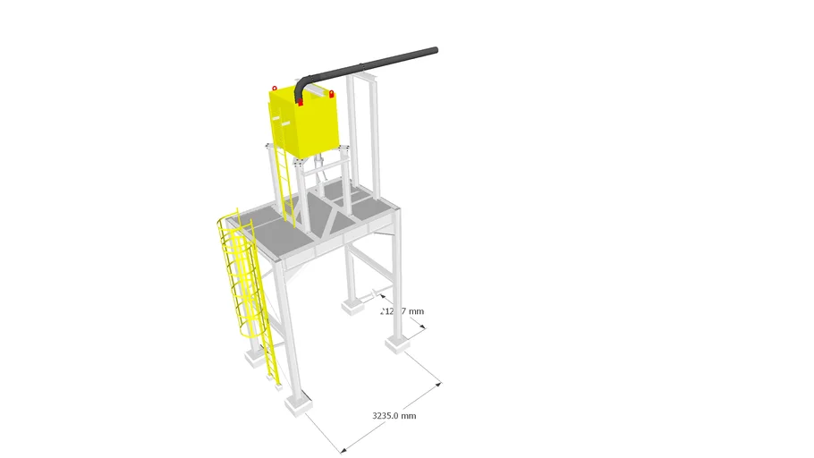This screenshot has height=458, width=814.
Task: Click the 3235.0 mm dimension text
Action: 394,416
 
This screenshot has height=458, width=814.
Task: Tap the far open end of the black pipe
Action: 434,52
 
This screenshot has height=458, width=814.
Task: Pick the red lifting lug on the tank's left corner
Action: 275,88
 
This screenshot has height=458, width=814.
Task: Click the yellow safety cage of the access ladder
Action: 237,277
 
